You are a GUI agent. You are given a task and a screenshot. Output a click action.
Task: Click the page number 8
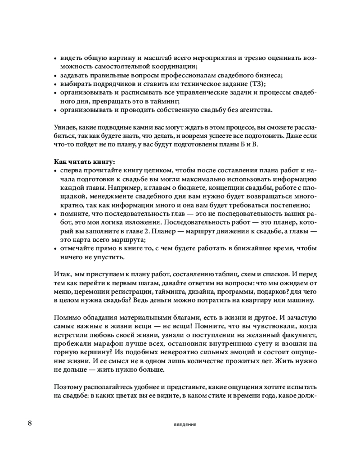[x=30, y=423]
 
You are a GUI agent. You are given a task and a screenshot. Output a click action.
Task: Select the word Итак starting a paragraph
[x=62, y=274]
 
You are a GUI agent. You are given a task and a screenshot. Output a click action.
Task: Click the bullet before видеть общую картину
[x=55, y=58]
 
